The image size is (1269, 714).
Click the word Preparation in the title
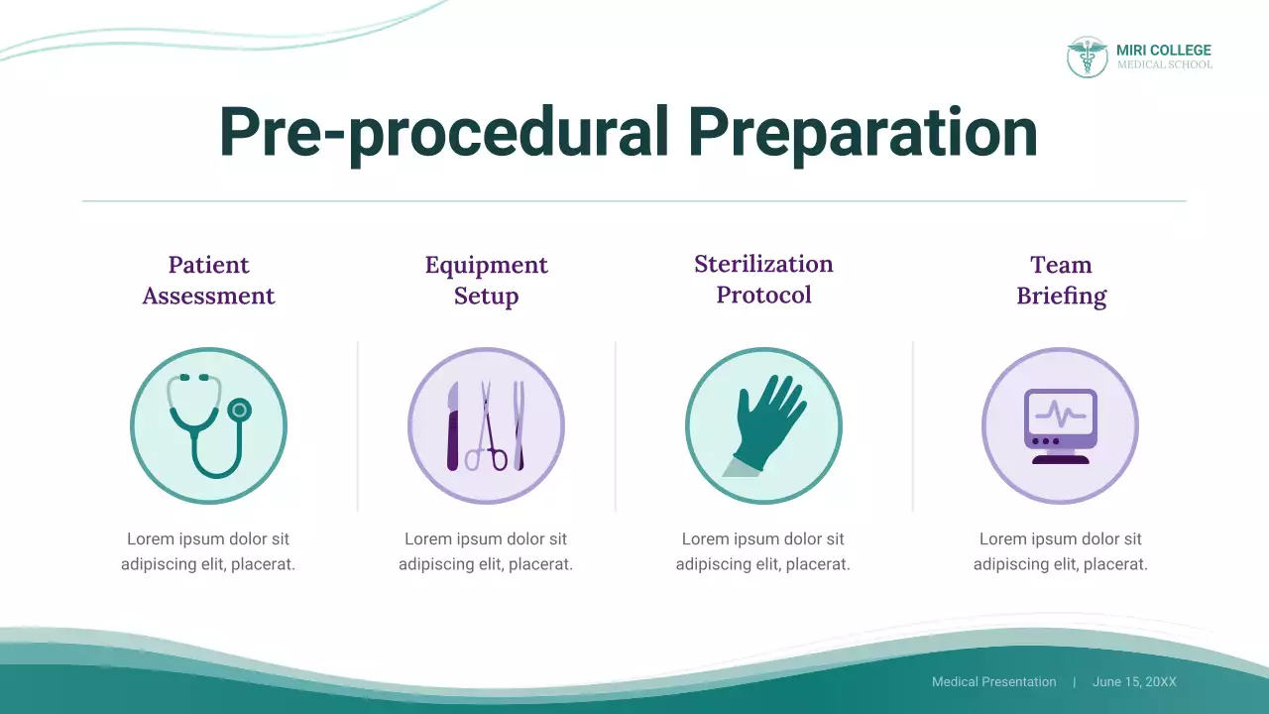click(861, 132)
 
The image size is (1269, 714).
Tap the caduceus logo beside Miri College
click(1087, 58)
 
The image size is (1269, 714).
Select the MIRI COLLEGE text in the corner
click(1163, 51)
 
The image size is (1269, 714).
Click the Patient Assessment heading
click(208, 281)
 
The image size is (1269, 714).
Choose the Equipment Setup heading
click(486, 281)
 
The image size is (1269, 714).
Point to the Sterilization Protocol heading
click(763, 280)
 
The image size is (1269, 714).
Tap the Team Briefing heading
click(1061, 281)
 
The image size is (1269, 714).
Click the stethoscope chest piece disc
click(239, 409)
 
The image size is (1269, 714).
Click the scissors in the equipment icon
click(486, 428)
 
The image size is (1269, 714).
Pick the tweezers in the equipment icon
click(518, 426)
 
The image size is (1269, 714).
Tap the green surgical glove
click(768, 421)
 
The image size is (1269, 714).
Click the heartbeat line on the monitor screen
click(1060, 412)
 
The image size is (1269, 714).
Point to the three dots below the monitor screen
click(1045, 440)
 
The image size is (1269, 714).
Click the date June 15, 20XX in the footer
click(1134, 682)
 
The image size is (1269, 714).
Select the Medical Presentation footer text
click(993, 682)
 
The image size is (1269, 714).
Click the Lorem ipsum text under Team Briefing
click(1060, 551)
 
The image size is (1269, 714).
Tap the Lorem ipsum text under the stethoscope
click(208, 551)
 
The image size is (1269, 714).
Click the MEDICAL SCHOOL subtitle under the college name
click(1164, 65)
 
